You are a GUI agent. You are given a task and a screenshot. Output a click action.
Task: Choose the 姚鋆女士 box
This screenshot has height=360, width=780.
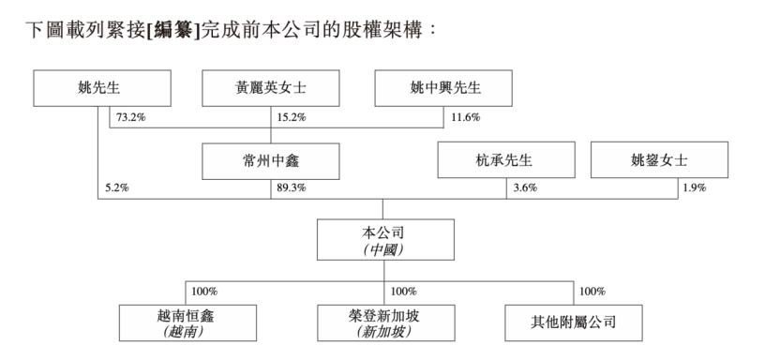point(659,161)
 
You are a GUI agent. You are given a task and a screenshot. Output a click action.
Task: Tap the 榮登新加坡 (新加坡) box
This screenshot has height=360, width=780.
point(385,322)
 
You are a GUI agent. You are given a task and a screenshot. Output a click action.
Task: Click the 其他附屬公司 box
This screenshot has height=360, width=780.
point(573,322)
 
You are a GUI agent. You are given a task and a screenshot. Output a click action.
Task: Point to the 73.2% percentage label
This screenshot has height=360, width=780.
point(131,117)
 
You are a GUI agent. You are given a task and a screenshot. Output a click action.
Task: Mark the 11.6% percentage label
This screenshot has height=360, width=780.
point(465,117)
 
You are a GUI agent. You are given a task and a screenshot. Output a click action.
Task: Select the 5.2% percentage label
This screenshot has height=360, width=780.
point(115,188)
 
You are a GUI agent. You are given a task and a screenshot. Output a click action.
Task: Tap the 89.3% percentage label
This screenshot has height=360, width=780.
point(291,188)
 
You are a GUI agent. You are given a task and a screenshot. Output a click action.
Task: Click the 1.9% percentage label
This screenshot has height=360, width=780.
point(694,188)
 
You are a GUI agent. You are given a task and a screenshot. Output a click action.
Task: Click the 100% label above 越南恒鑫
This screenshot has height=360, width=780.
point(205,291)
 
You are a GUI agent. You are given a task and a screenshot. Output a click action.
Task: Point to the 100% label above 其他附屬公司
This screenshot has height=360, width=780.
point(592,291)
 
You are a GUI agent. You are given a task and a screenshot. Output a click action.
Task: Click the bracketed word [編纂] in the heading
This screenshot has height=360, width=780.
point(174,29)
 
